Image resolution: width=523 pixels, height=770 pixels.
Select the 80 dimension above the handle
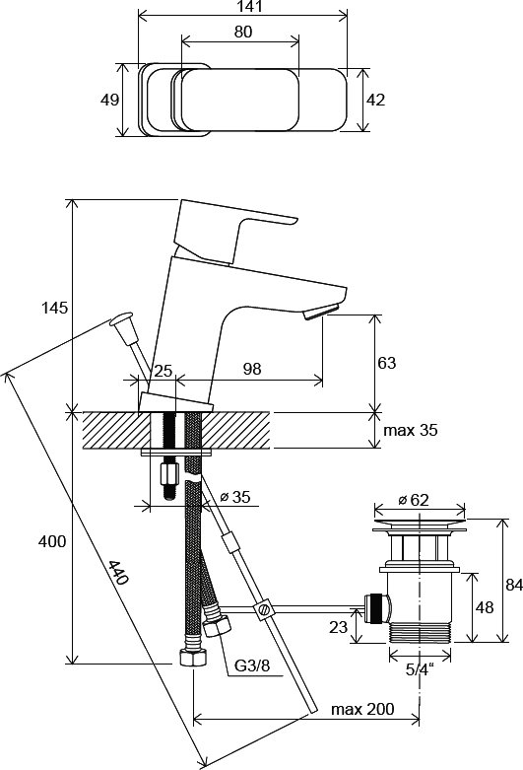[x=243, y=32]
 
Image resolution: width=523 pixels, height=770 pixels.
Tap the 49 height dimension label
[x=109, y=100]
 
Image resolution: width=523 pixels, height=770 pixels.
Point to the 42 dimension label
[x=376, y=100]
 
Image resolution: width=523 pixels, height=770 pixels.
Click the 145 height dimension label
[x=54, y=309]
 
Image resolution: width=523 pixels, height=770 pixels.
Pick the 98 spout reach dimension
[x=252, y=369]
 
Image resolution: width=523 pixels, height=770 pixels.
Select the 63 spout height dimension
[x=387, y=363]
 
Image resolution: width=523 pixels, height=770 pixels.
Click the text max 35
[x=410, y=430]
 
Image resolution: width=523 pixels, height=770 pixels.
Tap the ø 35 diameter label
[x=235, y=497]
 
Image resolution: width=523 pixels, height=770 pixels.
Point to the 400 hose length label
[x=52, y=541]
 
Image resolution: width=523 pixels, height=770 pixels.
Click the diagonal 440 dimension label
[x=118, y=573]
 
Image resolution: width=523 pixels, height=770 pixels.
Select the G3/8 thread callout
[x=252, y=665]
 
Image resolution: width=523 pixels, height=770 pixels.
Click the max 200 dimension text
[x=362, y=709]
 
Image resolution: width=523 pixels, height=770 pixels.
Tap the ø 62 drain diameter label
[x=413, y=500]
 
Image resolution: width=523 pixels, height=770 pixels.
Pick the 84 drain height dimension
[x=514, y=585]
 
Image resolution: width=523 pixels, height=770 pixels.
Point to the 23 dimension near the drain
[x=338, y=626]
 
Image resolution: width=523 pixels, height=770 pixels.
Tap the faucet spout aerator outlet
[x=321, y=313]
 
